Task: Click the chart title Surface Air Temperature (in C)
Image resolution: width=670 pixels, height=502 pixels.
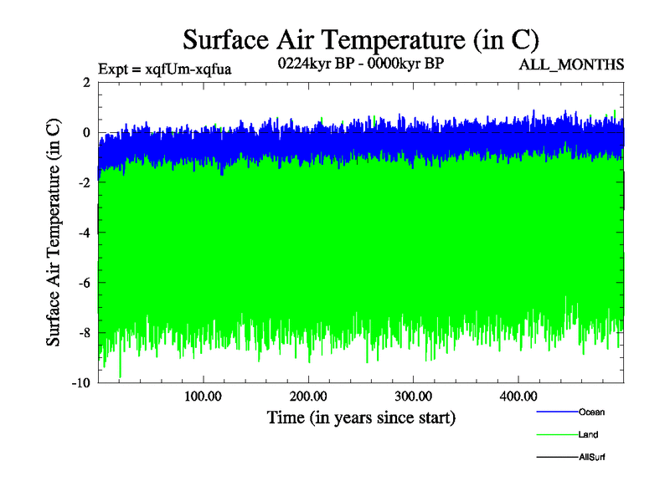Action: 360,40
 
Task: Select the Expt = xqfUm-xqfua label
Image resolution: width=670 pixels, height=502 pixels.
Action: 164,69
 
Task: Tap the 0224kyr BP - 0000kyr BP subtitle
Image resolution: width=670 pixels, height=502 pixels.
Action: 360,63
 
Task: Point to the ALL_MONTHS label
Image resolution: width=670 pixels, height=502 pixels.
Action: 572,64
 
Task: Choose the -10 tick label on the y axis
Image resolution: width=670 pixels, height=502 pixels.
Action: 80,383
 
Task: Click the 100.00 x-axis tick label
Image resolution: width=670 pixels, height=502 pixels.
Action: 202,396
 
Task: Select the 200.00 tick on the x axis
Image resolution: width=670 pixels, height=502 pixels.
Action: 307,396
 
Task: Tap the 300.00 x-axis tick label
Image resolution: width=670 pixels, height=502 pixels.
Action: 413,396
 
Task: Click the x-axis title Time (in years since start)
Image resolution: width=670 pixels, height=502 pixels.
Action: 361,417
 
